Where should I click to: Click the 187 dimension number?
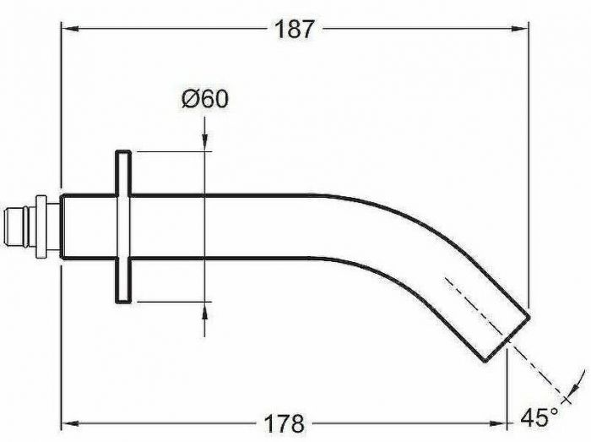(294, 29)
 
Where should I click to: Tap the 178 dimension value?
(284, 423)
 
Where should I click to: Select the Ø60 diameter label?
(205, 99)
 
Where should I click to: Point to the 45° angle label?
(539, 417)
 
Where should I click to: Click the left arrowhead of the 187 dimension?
(70, 28)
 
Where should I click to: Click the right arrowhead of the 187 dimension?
(520, 28)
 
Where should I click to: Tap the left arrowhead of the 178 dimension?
(70, 423)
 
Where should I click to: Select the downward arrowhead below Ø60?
(204, 143)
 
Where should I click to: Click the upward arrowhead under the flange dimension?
(204, 310)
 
